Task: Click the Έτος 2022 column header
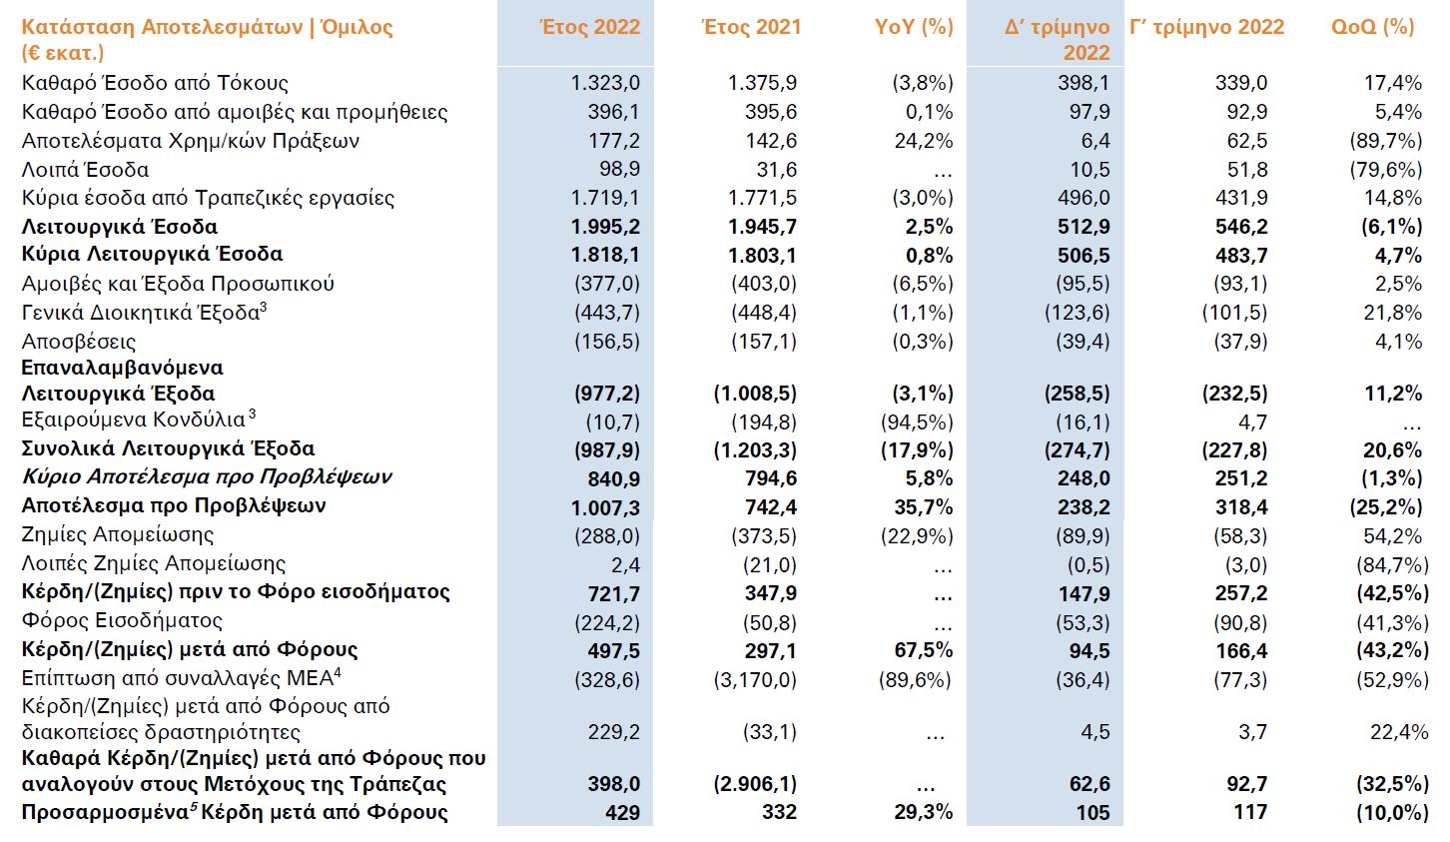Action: pyautogui.click(x=589, y=27)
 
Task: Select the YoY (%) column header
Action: pyautogui.click(x=914, y=27)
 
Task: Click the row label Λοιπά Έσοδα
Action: pyautogui.click(x=85, y=170)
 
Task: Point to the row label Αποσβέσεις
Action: pyautogui.click(x=79, y=342)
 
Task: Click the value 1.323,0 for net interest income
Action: pyautogui.click(x=605, y=83)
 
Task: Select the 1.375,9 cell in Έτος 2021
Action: pyautogui.click(x=763, y=83)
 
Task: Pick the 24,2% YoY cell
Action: pyautogui.click(x=924, y=141)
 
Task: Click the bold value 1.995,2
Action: pyautogui.click(x=605, y=227)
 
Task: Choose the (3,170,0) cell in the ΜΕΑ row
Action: pyautogui.click(x=755, y=679)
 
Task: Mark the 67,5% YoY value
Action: pyautogui.click(x=924, y=650)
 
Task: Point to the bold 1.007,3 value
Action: pyautogui.click(x=605, y=507)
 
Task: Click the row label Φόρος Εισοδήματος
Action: pyautogui.click(x=122, y=621)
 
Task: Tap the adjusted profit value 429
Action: pyautogui.click(x=622, y=813)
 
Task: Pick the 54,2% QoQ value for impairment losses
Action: pyautogui.click(x=1393, y=536)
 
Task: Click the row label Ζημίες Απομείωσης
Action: pyautogui.click(x=118, y=535)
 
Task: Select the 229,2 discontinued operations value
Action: pyautogui.click(x=614, y=732)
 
